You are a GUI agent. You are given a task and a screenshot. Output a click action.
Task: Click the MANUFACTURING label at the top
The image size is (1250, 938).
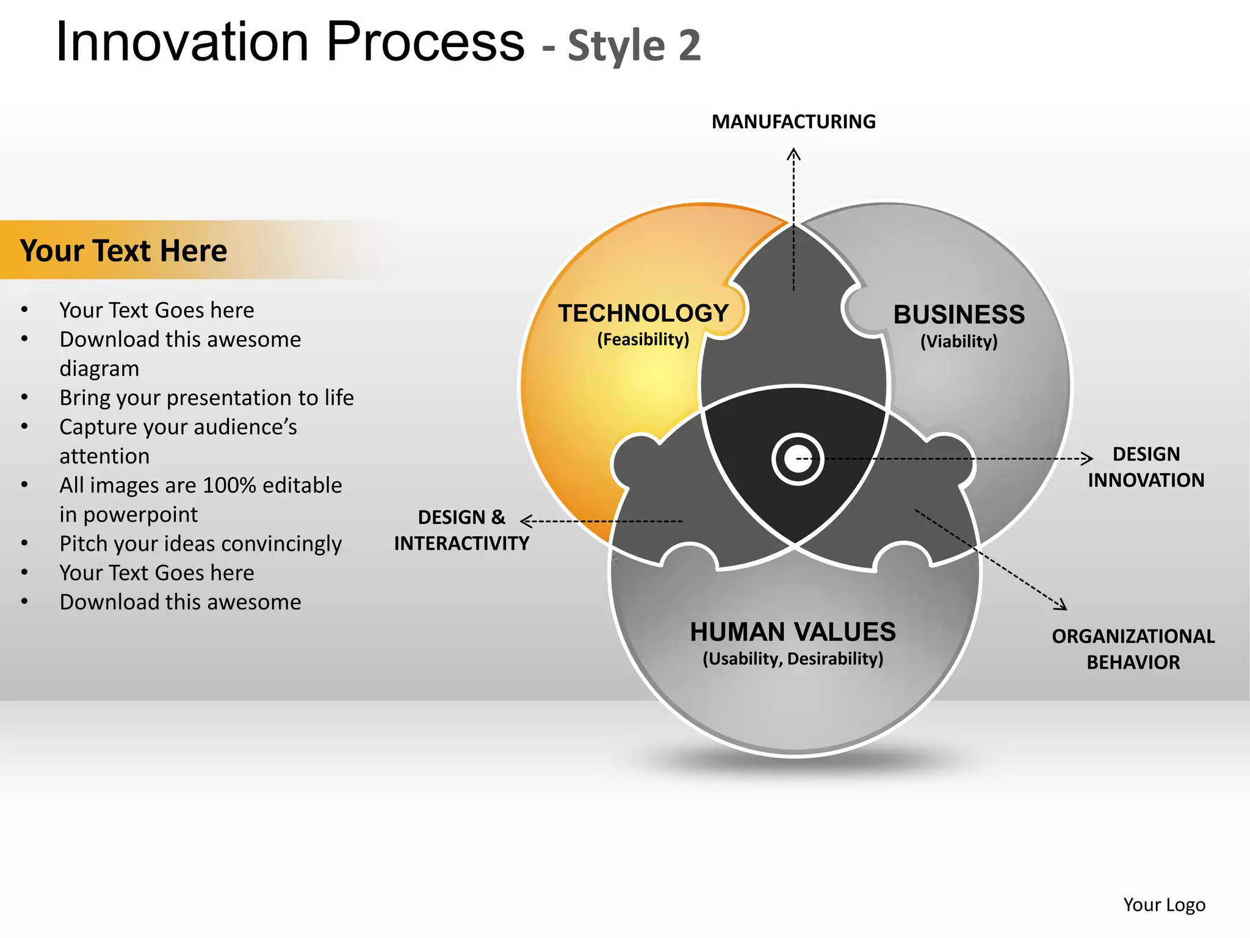(793, 122)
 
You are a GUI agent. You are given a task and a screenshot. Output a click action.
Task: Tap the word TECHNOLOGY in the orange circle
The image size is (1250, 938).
(643, 313)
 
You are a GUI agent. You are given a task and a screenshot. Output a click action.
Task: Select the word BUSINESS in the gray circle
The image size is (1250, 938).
(959, 314)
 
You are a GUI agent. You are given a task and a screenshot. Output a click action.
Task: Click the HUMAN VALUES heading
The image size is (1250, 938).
(793, 632)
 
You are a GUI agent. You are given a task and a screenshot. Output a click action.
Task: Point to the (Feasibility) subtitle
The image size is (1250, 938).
(643, 340)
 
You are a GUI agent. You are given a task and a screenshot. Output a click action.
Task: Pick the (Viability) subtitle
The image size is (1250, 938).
(959, 341)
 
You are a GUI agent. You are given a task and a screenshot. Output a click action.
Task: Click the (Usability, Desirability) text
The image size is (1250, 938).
(793, 659)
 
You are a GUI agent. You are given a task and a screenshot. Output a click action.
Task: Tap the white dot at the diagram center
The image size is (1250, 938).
(797, 459)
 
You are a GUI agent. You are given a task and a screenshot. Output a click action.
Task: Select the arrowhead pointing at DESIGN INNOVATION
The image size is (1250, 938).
(1088, 458)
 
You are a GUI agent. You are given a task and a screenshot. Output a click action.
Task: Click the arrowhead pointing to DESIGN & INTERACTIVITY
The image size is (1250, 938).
(525, 521)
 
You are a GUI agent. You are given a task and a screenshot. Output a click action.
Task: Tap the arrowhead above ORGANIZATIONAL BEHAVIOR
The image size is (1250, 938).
(1062, 606)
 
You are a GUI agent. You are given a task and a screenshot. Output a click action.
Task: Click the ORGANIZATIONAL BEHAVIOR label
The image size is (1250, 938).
(1133, 649)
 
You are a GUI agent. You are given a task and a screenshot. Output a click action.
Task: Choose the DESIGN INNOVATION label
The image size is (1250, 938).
(1146, 467)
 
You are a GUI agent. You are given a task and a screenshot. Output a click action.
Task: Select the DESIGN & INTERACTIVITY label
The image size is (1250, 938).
(461, 530)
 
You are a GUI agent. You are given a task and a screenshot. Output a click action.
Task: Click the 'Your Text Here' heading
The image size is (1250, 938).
(123, 250)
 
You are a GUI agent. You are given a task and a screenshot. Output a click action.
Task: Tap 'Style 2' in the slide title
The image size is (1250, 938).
(634, 46)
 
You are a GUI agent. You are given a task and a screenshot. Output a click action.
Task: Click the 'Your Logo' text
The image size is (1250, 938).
(1164, 904)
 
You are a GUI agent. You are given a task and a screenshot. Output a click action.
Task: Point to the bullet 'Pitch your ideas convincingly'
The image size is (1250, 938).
(200, 544)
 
